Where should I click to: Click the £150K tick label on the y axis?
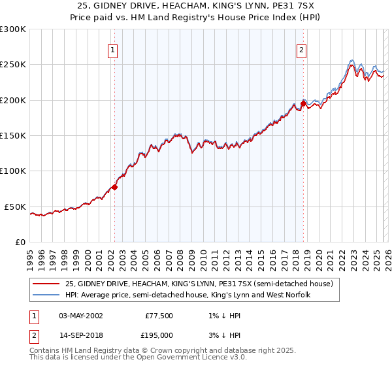(13, 136)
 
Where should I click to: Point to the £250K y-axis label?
(13, 65)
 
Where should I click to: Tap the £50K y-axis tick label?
(15, 207)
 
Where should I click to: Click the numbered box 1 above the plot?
(113, 50)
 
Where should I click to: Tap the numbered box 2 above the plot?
(302, 50)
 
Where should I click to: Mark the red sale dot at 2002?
(114, 187)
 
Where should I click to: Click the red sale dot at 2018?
(303, 103)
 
